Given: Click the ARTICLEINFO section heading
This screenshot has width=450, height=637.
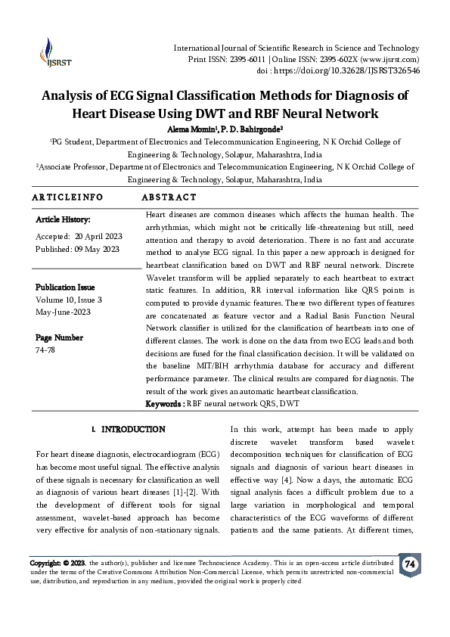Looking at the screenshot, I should [68, 197].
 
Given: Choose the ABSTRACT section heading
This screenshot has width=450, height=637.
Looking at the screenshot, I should [170, 197].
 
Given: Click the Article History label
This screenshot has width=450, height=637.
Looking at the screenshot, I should [63, 220].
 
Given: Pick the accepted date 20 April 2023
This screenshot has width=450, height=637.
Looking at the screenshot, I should [94, 236].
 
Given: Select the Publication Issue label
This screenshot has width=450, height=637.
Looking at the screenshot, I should [66, 287].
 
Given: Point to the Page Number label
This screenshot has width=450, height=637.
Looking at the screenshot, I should [60, 337].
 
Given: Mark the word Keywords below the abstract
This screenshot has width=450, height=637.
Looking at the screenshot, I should [163, 404].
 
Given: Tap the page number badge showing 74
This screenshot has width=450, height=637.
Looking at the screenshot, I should [410, 564].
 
